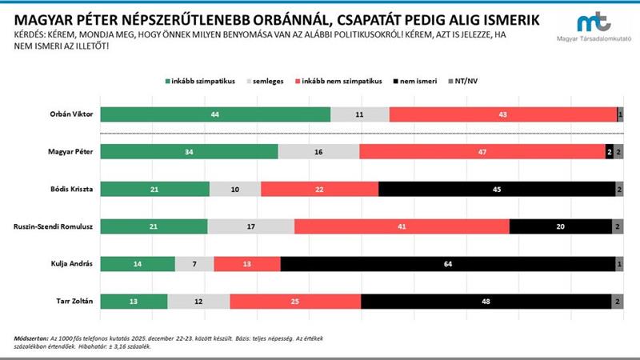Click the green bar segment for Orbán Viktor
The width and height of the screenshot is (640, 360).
click(216, 114)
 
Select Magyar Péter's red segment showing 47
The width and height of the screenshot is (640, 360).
click(482, 152)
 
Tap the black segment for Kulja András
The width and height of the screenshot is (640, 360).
click(448, 264)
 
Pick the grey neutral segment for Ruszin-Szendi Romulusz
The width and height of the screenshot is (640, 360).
click(250, 226)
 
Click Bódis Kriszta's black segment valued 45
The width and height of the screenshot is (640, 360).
click(496, 190)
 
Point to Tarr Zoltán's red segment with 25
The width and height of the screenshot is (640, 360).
click(295, 302)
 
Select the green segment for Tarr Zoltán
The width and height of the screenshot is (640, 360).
click(135, 302)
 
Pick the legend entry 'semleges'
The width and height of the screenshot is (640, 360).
click(270, 81)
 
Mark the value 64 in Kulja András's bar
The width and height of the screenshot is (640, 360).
click(448, 264)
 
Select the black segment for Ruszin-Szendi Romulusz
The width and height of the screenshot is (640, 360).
click(560, 226)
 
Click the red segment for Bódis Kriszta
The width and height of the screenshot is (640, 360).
click(319, 190)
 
